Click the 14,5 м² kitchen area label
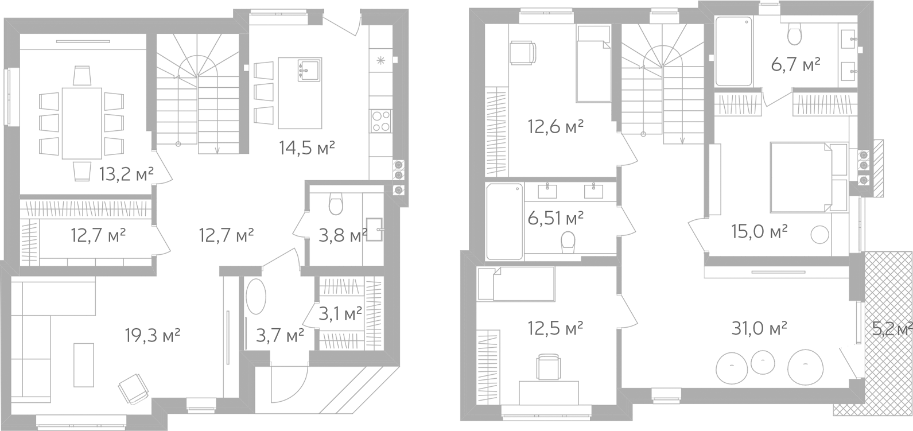click(x=307, y=148)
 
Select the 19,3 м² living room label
click(x=153, y=336)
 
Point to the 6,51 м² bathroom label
click(x=555, y=218)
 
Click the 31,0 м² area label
click(x=759, y=328)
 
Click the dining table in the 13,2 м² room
click(x=81, y=123)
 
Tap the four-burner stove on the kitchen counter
click(x=380, y=121)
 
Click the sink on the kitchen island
click(x=309, y=69)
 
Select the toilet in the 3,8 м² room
click(x=336, y=203)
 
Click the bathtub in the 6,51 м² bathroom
click(x=504, y=222)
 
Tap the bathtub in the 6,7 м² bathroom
click(x=733, y=51)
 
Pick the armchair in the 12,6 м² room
click(x=523, y=53)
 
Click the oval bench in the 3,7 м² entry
click(x=256, y=297)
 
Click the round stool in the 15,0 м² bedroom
click(x=819, y=235)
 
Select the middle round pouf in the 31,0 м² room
click(x=763, y=362)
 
